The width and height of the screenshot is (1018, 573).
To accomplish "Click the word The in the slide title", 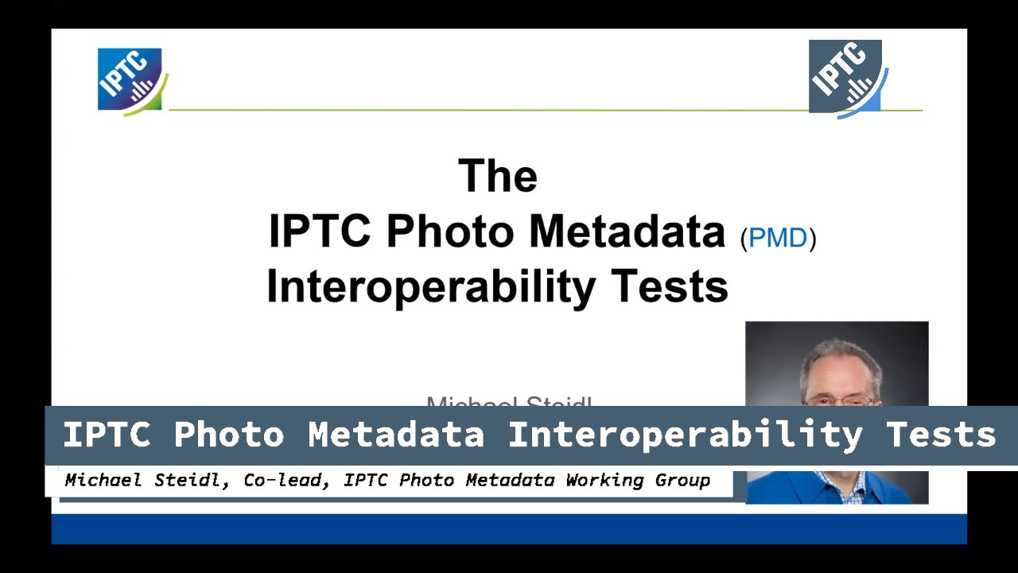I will tap(498, 176).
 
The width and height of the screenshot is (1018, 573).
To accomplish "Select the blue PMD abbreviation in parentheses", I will tap(778, 238).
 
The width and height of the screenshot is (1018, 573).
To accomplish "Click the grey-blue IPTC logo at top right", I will tap(846, 78).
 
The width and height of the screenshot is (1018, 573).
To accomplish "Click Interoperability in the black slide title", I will tap(430, 286).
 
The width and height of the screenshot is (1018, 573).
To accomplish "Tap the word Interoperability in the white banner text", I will tap(685, 435).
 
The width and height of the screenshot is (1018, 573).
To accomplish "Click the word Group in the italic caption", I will tap(686, 481).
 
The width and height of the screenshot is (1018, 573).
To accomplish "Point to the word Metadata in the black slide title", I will tap(627, 232).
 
